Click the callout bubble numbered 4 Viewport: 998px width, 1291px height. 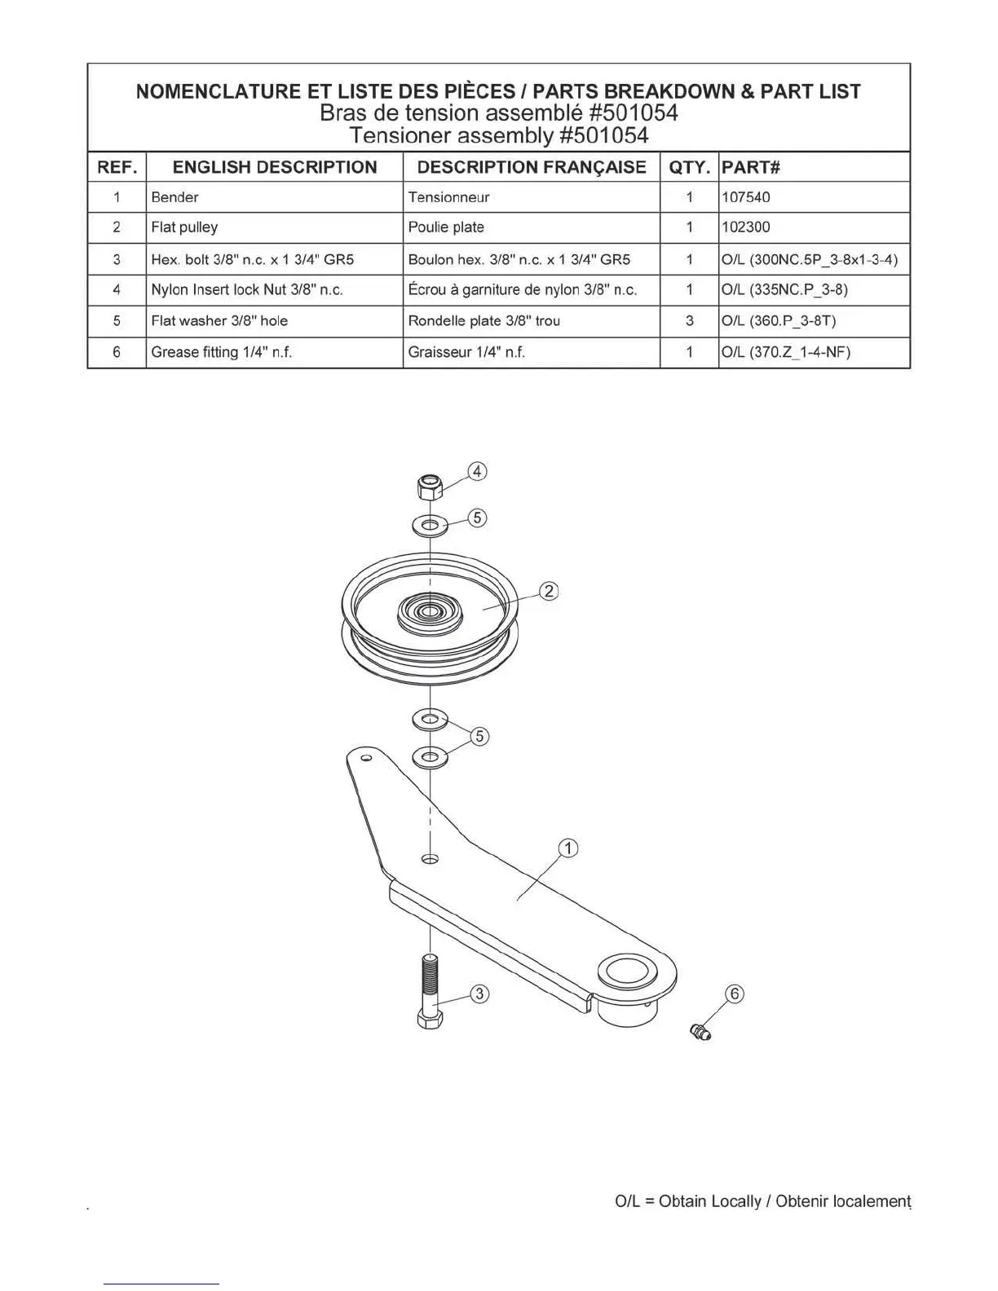pyautogui.click(x=477, y=471)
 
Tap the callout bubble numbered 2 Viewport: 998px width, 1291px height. pyautogui.click(x=550, y=591)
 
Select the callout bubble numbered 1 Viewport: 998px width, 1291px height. pyautogui.click(x=567, y=848)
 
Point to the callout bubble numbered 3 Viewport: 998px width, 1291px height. pyautogui.click(x=479, y=994)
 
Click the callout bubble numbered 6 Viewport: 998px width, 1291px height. pyautogui.click(x=735, y=994)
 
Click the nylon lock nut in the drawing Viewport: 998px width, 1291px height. pyautogui.click(x=429, y=487)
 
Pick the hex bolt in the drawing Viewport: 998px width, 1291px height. pyautogui.click(x=430, y=990)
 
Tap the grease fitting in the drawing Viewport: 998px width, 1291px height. pyautogui.click(x=700, y=1032)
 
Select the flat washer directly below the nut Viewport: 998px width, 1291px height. pyautogui.click(x=431, y=525)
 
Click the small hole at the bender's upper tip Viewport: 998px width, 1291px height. pyautogui.click(x=366, y=759)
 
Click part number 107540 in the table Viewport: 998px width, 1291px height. pyautogui.click(x=745, y=197)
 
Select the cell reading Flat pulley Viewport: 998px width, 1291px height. pyautogui.click(x=184, y=227)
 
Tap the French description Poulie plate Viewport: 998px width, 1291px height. pyautogui.click(x=446, y=227)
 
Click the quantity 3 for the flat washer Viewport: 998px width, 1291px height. pyautogui.click(x=689, y=321)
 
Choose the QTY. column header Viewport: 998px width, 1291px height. pyautogui.click(x=689, y=167)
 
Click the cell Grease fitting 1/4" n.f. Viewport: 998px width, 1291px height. pyautogui.click(x=222, y=352)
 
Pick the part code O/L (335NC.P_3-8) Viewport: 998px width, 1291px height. pyautogui.click(x=784, y=290)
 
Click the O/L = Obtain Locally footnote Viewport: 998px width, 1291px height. pyautogui.click(x=762, y=1201)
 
